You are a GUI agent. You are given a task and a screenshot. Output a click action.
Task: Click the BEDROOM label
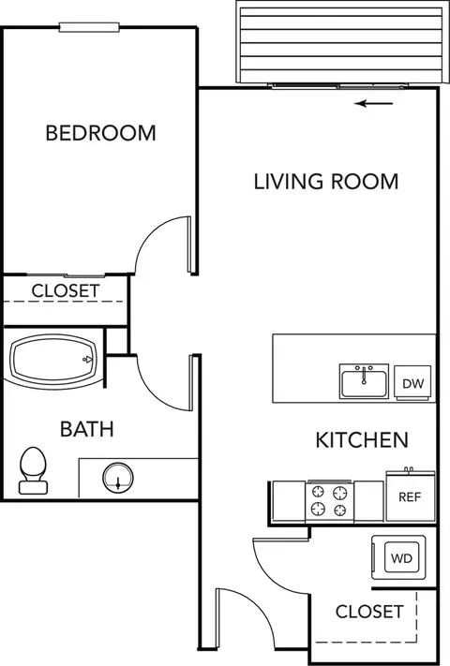tap(100, 133)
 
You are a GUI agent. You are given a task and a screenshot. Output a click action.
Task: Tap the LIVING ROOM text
tap(326, 182)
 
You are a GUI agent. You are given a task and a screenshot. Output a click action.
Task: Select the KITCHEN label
tap(362, 440)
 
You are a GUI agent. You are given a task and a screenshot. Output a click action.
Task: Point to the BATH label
tap(87, 429)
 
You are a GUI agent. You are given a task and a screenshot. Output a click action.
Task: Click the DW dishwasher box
tap(412, 383)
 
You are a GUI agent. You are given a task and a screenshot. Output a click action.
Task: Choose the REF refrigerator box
tap(410, 496)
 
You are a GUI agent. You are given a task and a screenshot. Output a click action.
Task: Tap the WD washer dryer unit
tap(398, 557)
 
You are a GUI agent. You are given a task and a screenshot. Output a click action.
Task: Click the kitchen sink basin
tap(364, 381)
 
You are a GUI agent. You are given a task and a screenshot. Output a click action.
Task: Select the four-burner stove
tap(330, 501)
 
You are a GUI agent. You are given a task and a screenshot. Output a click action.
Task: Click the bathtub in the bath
tap(54, 360)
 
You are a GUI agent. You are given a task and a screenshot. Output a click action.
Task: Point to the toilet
tap(33, 470)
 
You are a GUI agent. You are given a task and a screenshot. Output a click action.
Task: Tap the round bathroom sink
tap(118, 478)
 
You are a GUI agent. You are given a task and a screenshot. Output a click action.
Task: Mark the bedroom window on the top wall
tap(89, 27)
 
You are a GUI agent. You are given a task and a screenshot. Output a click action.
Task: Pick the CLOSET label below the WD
tap(369, 612)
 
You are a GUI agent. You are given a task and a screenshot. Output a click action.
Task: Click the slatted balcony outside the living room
tap(343, 42)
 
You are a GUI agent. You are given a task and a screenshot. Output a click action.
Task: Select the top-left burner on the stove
tap(319, 493)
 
